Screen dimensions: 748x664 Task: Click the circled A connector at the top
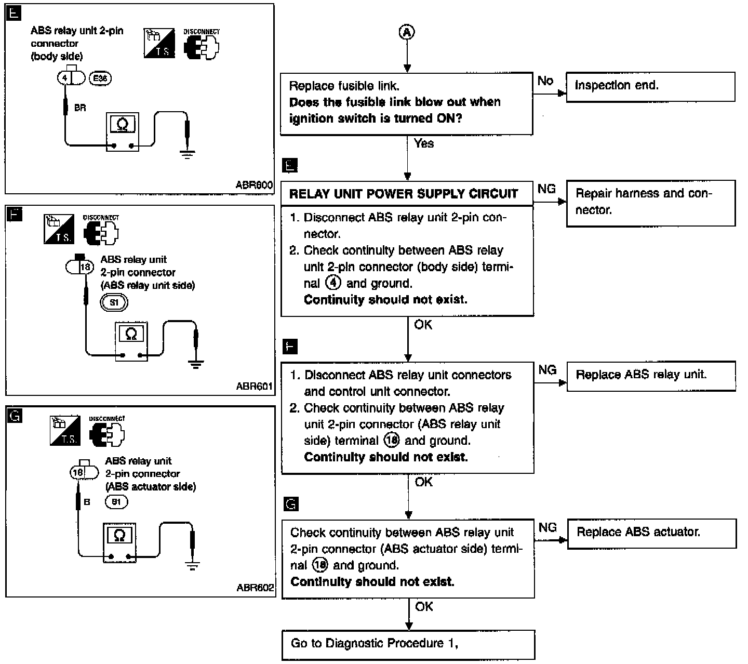[407, 32]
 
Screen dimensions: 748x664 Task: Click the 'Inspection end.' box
[650, 87]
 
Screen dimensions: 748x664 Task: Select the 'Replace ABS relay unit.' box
[651, 376]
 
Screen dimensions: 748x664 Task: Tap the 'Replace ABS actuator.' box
[651, 534]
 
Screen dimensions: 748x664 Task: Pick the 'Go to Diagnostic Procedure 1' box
[408, 645]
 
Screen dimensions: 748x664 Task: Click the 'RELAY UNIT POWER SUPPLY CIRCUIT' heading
[404, 194]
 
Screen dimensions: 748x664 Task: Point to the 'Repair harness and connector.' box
[651, 203]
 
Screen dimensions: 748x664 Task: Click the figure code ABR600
[254, 184]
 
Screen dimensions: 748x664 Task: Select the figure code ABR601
[254, 386]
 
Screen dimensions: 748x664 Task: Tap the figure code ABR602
[255, 588]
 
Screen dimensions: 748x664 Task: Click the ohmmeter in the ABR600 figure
[123, 132]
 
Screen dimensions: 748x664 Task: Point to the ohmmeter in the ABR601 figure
[131, 341]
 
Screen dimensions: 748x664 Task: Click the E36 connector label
[100, 78]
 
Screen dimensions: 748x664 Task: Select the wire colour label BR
[80, 108]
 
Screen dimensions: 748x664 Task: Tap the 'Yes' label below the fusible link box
[424, 143]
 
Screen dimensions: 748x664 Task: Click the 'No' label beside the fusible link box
[545, 81]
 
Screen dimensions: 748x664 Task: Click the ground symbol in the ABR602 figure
[192, 566]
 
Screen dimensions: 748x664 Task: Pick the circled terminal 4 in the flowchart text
[333, 283]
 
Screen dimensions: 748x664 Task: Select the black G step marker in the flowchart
[291, 504]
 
